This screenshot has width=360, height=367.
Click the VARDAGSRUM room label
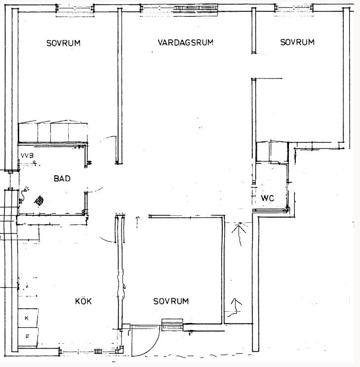(185, 42)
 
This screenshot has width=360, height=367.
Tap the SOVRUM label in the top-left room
(63, 43)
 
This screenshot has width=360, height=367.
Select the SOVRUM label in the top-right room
(297, 42)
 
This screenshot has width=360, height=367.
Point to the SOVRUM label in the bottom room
(171, 301)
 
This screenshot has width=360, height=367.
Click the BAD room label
(62, 179)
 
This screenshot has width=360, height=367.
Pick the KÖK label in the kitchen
(83, 301)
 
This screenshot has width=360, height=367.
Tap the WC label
(267, 199)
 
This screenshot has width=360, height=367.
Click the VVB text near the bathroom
(27, 156)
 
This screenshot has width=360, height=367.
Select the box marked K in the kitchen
(28, 318)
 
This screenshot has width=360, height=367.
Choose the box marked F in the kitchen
(28, 337)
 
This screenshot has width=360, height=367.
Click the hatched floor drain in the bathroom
(39, 201)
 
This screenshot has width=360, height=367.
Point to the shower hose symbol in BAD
(24, 194)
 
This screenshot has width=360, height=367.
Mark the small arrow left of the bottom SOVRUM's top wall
(137, 222)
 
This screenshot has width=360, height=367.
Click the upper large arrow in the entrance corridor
(240, 234)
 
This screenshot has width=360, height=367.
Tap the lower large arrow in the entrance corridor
(236, 307)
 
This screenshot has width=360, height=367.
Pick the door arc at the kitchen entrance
(107, 240)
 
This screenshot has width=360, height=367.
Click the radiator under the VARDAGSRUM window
(196, 8)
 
